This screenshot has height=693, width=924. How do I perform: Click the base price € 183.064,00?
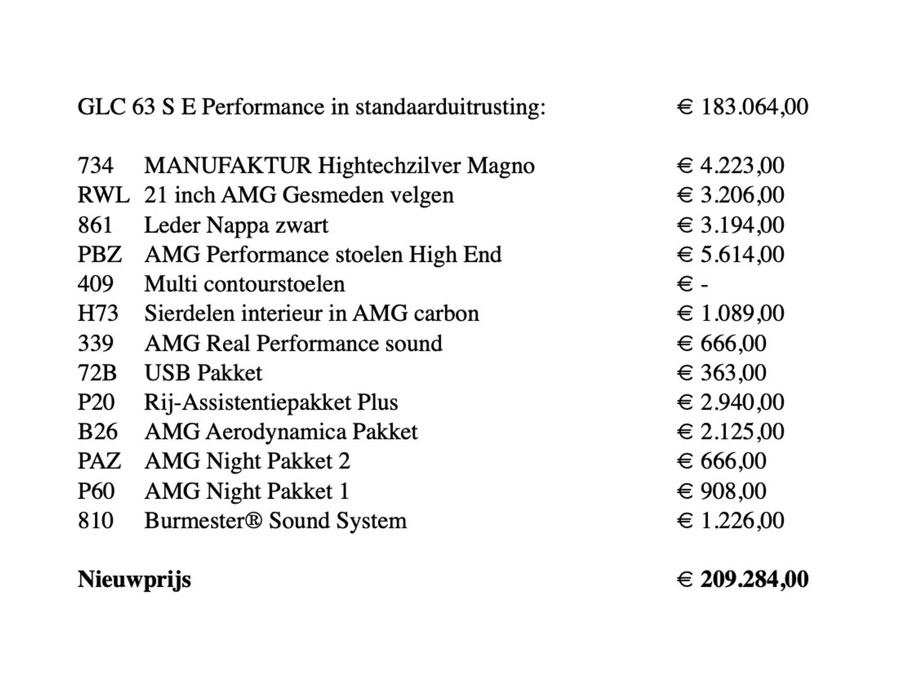click(x=742, y=107)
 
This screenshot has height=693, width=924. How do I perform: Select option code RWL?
click(x=103, y=195)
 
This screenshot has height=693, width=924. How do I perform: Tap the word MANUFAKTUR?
click(x=228, y=166)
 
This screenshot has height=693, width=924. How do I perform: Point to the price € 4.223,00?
click(x=730, y=166)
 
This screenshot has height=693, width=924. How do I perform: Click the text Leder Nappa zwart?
click(x=236, y=225)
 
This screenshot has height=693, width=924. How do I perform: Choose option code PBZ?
click(x=99, y=255)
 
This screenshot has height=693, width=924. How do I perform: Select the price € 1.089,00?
click(x=730, y=314)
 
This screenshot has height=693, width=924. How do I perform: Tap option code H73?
click(x=98, y=314)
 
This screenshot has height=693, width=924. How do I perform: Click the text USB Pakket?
click(x=203, y=373)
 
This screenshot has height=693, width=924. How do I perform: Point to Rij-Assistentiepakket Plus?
click(x=271, y=402)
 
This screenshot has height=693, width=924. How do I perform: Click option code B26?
click(x=97, y=432)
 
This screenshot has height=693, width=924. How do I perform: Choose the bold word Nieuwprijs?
click(x=134, y=579)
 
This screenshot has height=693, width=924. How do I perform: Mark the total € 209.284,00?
click(x=742, y=579)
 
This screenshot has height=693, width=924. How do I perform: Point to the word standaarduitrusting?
click(x=450, y=107)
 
